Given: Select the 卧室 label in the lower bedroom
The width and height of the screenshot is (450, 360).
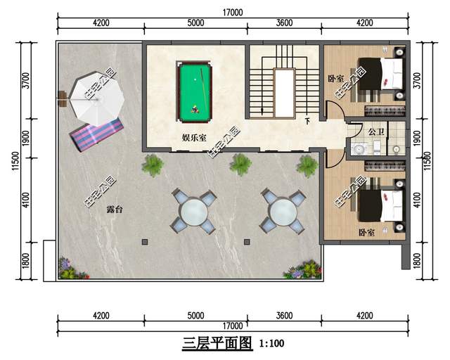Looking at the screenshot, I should [366, 231].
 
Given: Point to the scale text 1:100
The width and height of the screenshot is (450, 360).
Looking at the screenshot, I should [271, 345].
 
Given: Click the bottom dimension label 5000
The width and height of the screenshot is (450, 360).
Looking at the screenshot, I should [195, 316].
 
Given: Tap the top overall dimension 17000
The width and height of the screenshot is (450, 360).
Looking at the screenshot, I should [233, 13].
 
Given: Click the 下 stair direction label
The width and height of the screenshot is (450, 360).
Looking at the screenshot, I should [307, 122].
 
